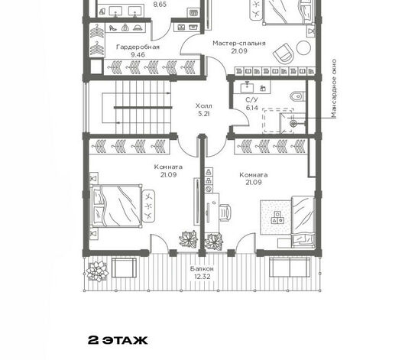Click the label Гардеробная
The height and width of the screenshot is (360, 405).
click(x=138, y=47)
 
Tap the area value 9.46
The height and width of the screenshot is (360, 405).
click(x=138, y=55)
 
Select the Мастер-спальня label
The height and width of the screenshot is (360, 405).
click(x=239, y=43)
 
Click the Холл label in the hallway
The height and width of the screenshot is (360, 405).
click(x=204, y=105)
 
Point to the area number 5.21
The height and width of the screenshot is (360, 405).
click(x=204, y=113)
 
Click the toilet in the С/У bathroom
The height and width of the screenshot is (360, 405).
click(x=297, y=96)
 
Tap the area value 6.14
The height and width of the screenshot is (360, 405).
click(x=252, y=108)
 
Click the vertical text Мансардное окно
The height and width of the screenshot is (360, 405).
click(x=334, y=89)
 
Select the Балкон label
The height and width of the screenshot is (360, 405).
click(x=202, y=269)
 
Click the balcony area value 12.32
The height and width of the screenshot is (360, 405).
click(x=202, y=277)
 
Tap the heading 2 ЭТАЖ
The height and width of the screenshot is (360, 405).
click(x=118, y=340)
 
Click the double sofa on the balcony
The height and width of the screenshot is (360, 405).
click(x=290, y=268)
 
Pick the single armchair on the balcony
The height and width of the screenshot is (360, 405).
click(x=124, y=268)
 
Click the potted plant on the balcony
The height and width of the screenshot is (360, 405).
click(x=97, y=271)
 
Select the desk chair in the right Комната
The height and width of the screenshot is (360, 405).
click(x=225, y=212)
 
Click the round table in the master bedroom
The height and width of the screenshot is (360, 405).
click(x=303, y=48)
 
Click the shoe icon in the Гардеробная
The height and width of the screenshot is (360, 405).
click(x=112, y=28)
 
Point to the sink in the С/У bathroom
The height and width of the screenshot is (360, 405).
click(x=248, y=87)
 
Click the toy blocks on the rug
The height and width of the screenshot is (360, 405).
click(x=277, y=217)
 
